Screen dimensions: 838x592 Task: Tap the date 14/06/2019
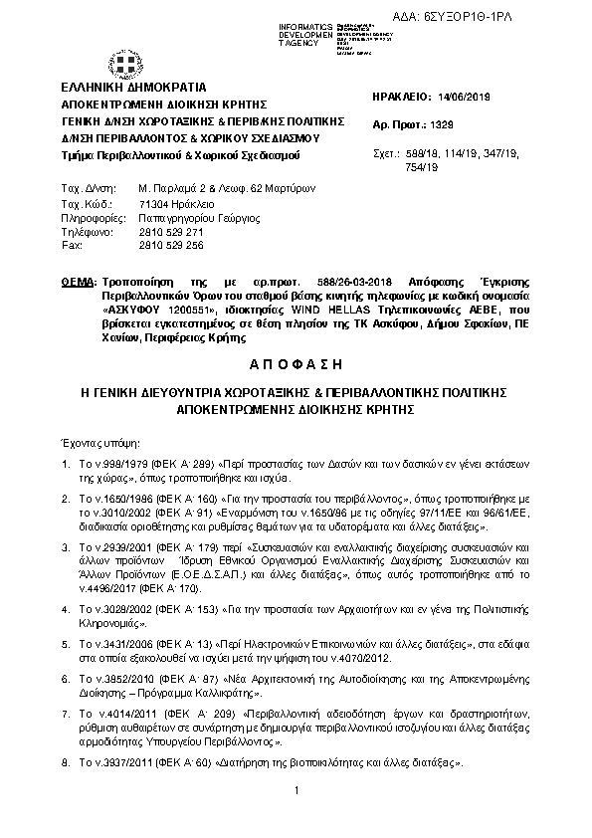pyautogui.click(x=465, y=97)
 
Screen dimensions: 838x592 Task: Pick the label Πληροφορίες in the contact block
pyautogui.click(x=92, y=216)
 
